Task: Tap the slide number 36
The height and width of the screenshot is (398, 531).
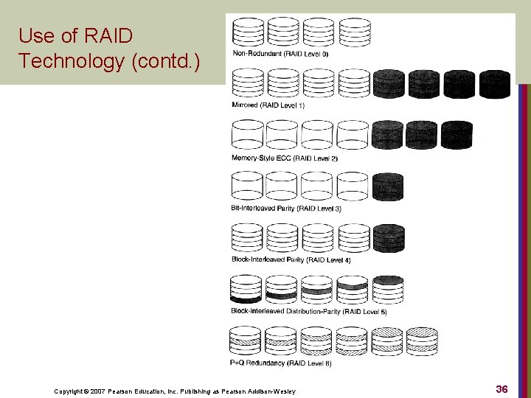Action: click(x=502, y=388)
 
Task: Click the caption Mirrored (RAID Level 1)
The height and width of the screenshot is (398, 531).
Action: click(x=268, y=105)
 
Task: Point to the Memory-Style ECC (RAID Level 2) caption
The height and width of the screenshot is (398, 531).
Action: click(x=274, y=158)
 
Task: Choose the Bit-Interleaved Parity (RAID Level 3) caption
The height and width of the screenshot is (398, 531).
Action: click(x=275, y=209)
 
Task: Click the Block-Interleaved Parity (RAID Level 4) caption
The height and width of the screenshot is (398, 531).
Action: click(x=280, y=259)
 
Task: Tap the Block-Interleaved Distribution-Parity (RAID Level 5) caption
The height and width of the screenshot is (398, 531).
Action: click(x=308, y=311)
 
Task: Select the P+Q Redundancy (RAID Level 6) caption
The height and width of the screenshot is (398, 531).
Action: click(x=271, y=363)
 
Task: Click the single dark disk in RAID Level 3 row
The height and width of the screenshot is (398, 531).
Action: click(x=388, y=186)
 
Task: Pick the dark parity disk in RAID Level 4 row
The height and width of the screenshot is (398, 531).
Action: click(x=388, y=238)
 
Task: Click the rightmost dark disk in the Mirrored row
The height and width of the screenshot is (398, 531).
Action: click(x=494, y=84)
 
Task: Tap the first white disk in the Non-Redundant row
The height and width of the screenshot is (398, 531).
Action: click(x=248, y=32)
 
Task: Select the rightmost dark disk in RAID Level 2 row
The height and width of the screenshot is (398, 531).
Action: click(x=457, y=135)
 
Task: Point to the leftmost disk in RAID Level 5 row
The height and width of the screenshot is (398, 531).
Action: click(x=246, y=289)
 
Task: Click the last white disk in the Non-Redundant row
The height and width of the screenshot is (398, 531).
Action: click(x=355, y=32)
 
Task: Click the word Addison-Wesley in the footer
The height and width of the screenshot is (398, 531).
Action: click(x=274, y=391)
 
